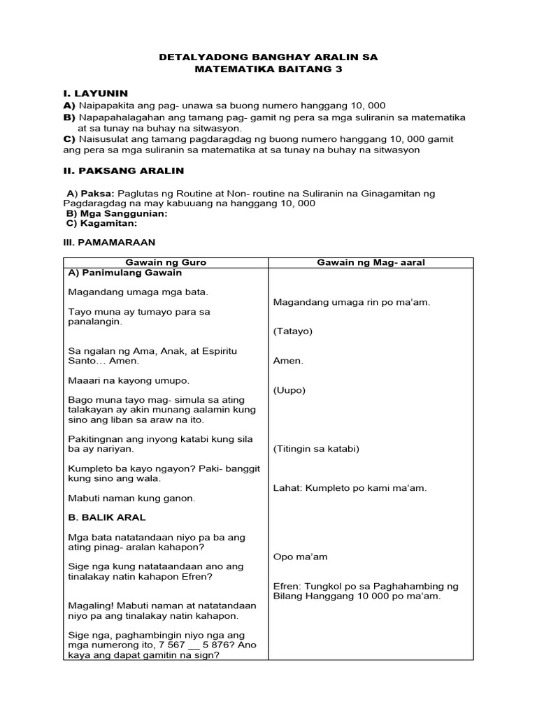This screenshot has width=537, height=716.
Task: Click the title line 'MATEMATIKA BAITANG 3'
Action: [x=268, y=70]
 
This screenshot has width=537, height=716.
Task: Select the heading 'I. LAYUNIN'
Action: [x=96, y=93]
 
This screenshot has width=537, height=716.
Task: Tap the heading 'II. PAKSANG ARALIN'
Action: [x=124, y=170]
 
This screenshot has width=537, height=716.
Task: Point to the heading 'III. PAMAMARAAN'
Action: [x=109, y=241]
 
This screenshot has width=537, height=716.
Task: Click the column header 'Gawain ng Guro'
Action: [x=165, y=262]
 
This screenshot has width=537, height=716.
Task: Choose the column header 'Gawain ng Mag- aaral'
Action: [x=371, y=262]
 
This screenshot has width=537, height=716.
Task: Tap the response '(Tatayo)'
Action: [x=293, y=331]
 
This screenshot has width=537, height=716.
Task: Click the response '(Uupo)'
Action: [x=289, y=390]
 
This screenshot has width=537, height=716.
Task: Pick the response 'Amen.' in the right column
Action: [x=288, y=361]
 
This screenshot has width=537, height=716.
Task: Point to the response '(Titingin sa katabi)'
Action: [x=316, y=449]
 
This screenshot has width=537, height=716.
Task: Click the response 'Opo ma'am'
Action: [x=301, y=557]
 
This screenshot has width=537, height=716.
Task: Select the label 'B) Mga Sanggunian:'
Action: [x=117, y=213]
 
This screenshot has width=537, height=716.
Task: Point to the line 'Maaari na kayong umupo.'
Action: [x=129, y=380]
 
